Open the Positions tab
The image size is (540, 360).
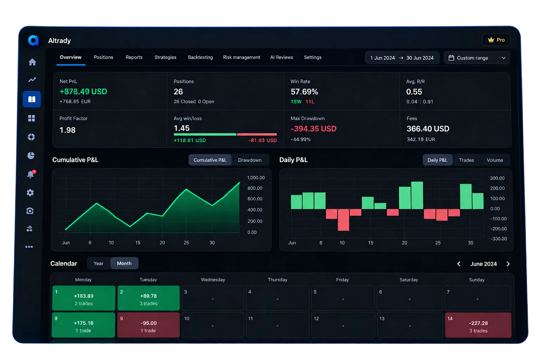click(103, 57)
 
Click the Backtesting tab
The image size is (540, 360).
click(200, 57)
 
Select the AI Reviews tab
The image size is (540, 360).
click(282, 57)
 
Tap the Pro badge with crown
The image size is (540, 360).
click(496, 40)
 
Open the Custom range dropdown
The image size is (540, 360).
click(477, 58)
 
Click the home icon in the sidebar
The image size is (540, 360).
click(32, 62)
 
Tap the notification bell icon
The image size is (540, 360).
click(31, 174)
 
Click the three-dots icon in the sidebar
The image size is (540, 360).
click(29, 247)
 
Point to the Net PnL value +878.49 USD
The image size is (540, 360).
click(83, 92)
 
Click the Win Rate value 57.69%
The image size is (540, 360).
click(304, 92)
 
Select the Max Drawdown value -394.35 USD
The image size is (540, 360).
click(313, 129)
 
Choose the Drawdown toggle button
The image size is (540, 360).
click(250, 160)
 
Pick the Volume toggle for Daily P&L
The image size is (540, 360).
click(495, 160)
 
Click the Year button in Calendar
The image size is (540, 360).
click(98, 263)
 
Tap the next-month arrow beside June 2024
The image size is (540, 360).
click(508, 264)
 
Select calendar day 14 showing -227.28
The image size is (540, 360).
click(478, 325)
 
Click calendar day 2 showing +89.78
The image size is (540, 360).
click(148, 298)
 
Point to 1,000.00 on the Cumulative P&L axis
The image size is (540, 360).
click(256, 178)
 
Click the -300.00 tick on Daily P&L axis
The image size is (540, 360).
click(499, 239)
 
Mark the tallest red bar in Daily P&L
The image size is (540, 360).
click(343, 220)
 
